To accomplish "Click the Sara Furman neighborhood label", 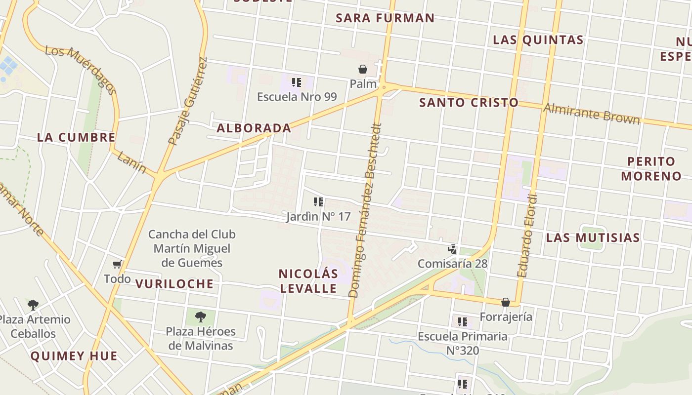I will coord(385,18).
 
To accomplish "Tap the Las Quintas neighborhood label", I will coord(538,40).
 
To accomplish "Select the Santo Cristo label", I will coord(469,103).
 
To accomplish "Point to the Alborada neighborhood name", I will coord(254,128).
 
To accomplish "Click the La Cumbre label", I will coord(76,137).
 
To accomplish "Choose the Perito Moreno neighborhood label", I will coord(651,169).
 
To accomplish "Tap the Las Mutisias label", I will coord(593,237).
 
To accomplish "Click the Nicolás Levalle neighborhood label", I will coord(308,281).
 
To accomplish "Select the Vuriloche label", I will coord(174,284).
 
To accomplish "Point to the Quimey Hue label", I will coord(74,356).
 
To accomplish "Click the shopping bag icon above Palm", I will coord(363,69).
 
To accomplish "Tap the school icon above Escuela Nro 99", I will coord(296,82).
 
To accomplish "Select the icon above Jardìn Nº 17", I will coord(318,202).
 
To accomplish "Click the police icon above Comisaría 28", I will coord(452,249).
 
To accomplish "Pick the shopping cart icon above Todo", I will coord(117,265).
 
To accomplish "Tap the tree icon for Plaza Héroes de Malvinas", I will coord(200,316).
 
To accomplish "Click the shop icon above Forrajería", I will coord(506,302).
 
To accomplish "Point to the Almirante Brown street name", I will coord(592,114).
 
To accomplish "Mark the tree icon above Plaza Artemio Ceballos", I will coord(33,305).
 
